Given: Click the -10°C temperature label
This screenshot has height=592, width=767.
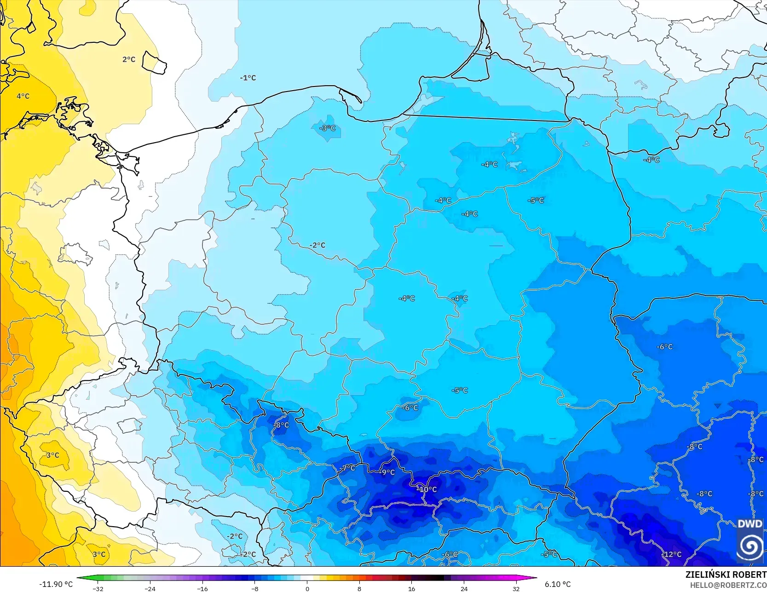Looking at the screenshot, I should click(x=427, y=489).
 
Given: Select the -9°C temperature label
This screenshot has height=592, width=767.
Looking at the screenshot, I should click(x=387, y=472).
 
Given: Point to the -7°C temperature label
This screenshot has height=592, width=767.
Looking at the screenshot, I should click(x=348, y=468).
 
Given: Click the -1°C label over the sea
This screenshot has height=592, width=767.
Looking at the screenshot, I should click(x=248, y=78).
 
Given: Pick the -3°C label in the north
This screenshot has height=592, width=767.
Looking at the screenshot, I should click(x=328, y=128).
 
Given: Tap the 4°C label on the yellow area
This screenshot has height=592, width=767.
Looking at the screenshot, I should click(x=23, y=96).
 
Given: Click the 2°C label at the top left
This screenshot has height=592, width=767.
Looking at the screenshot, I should click(x=129, y=59).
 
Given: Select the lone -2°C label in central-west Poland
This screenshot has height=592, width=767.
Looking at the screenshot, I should click(x=317, y=245).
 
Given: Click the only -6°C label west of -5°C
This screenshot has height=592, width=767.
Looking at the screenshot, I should click(x=410, y=408).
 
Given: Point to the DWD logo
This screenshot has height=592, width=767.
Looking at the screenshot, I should click(x=750, y=540).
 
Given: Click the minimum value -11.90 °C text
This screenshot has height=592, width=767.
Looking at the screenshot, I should click(x=56, y=584).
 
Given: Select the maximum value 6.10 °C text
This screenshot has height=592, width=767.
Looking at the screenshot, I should click(x=558, y=584).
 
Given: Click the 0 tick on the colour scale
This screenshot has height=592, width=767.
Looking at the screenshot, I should click(x=307, y=589).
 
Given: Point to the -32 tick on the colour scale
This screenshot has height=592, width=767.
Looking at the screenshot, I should click(x=98, y=589).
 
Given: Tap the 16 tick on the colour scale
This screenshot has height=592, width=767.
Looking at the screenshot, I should click(x=412, y=589).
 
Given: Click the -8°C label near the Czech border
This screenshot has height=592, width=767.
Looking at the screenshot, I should click(x=282, y=425).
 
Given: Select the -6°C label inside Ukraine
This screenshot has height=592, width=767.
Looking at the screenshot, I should click(x=664, y=347).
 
